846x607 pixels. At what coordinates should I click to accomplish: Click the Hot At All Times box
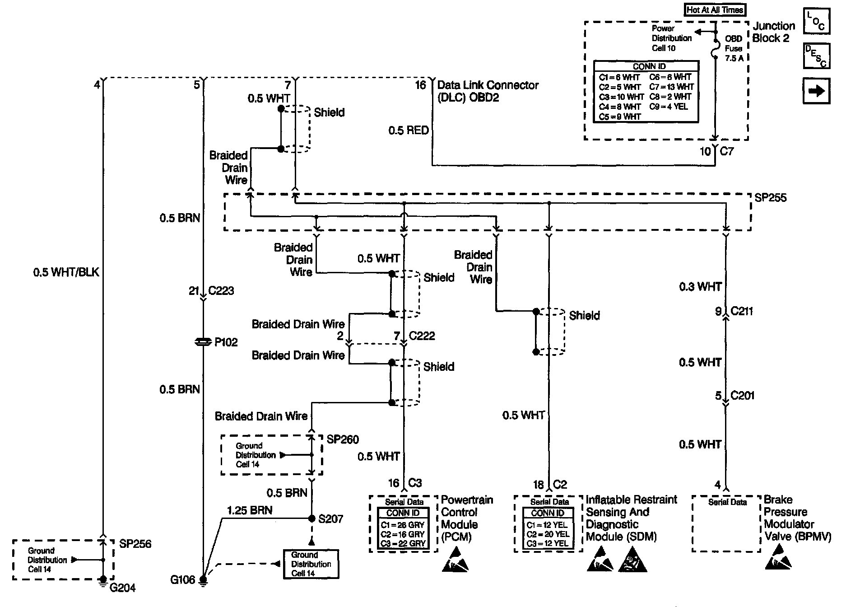[715, 9]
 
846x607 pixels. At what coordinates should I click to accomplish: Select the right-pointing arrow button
[816, 91]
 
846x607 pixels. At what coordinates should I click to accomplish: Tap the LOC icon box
[816, 21]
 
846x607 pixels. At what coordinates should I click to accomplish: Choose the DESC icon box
[816, 56]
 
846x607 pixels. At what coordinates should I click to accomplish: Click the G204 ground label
[122, 588]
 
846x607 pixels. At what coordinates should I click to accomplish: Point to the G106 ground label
[183, 579]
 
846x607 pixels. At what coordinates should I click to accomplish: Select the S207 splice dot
[311, 518]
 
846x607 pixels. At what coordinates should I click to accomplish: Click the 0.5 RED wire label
[409, 131]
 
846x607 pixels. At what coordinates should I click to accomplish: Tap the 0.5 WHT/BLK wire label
[66, 272]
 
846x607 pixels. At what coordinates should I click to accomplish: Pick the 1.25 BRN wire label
[250, 510]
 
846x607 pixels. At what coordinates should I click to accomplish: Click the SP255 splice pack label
[771, 198]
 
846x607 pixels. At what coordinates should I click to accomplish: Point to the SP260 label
[343, 439]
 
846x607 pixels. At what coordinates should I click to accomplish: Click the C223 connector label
[221, 290]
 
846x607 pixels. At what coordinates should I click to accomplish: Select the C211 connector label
[742, 311]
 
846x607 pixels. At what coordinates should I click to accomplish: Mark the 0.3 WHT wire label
[701, 287]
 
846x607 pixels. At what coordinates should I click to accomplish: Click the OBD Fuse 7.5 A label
[734, 48]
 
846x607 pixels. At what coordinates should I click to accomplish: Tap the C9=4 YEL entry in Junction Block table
[669, 107]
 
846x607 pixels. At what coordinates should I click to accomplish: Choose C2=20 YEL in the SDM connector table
[547, 534]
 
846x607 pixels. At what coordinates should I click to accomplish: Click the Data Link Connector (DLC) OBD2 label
[488, 91]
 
